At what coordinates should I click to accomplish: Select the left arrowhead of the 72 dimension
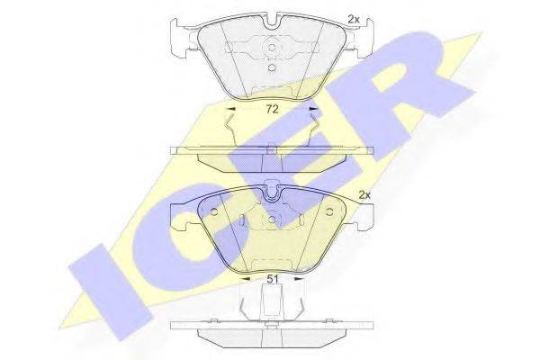pos(229,110)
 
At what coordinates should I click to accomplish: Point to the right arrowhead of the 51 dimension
pos(300,278)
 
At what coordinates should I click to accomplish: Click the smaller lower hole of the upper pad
pos(270,67)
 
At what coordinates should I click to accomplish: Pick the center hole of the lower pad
pos(270,220)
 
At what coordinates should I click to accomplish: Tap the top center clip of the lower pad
pos(270,191)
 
